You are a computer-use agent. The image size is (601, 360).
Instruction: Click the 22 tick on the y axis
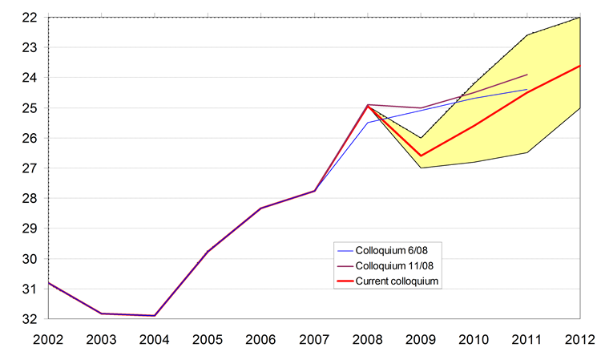coord(30,17)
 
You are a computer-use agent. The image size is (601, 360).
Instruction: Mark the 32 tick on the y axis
coord(30,319)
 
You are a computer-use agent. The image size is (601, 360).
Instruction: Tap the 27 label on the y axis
coord(30,168)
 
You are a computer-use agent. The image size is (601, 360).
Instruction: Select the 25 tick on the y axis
coord(30,107)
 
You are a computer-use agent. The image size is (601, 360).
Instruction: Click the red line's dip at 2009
coord(421,156)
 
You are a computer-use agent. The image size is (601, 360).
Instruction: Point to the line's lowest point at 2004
coord(155,316)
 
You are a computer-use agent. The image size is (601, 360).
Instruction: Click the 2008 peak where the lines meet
coord(368,105)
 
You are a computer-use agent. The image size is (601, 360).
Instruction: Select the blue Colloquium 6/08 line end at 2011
coord(526,90)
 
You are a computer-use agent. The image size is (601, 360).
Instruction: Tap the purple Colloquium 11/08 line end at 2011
coord(526,75)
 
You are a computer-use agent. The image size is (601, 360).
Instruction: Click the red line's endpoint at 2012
coord(579,66)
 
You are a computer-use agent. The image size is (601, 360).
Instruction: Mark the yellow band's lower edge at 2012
coord(579,108)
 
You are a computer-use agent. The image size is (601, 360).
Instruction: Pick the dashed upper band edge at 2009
coord(421,138)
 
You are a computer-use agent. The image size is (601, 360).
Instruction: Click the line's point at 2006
coord(261,208)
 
